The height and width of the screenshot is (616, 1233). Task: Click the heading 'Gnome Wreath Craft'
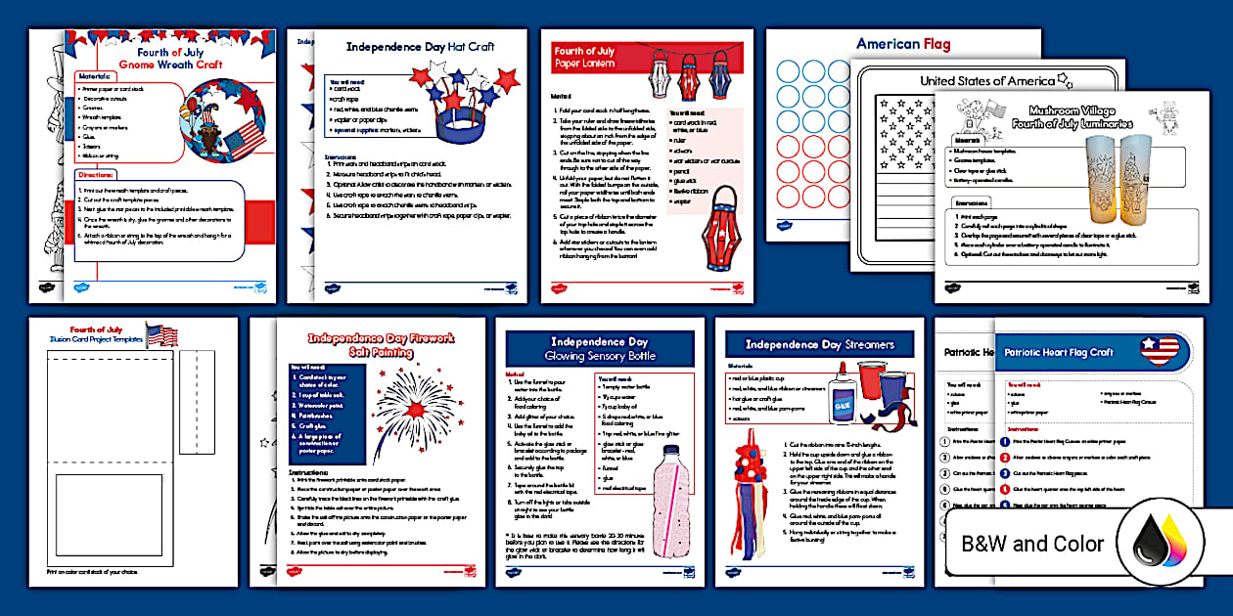click(170, 65)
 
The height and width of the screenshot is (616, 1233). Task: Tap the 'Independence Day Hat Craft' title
click(420, 46)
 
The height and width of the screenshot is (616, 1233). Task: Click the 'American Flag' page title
click(902, 44)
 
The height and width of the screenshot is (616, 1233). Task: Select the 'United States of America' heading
click(987, 80)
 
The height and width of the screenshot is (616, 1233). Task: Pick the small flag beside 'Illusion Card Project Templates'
click(161, 335)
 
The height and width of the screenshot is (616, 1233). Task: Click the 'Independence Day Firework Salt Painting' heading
click(381, 345)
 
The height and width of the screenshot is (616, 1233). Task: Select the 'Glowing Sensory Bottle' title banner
click(598, 349)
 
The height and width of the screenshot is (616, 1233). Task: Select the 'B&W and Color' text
click(1031, 544)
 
